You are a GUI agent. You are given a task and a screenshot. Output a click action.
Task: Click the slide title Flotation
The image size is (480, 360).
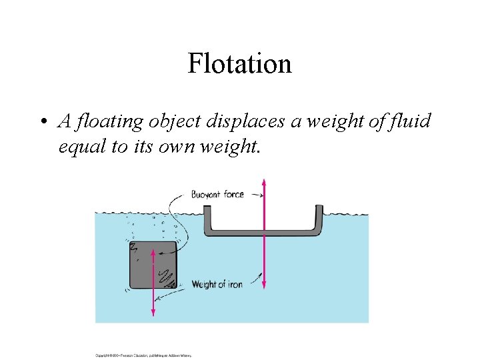pyautogui.click(x=239, y=64)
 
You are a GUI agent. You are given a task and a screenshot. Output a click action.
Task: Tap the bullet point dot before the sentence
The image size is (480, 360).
pyautogui.click(x=42, y=122)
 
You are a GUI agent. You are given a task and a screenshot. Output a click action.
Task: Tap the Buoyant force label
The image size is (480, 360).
pyautogui.click(x=217, y=195)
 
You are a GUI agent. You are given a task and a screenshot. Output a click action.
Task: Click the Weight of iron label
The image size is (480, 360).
pyautogui.click(x=217, y=285)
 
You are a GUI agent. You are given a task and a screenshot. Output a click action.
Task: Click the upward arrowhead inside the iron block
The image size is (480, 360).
pyautogui.click(x=154, y=253)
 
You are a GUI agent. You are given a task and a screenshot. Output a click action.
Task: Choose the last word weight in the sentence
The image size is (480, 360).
pyautogui.click(x=227, y=147)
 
